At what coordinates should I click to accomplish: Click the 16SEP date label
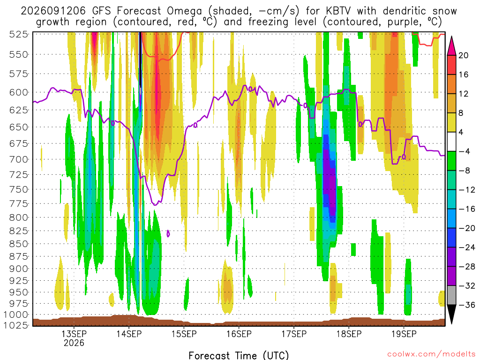pyautogui.click(x=239, y=334)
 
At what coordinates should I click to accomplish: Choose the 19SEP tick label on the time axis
pyautogui.click(x=404, y=334)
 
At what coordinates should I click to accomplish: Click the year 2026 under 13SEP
pyautogui.click(x=74, y=343)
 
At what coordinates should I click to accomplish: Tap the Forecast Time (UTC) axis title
pyautogui.click(x=239, y=355)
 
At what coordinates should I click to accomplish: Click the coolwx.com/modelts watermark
pyautogui.click(x=431, y=354)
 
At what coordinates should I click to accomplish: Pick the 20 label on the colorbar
pyautogui.click(x=463, y=55)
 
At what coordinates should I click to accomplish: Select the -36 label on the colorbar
pyautogui.click(x=467, y=305)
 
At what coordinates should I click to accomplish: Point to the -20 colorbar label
pyautogui.click(x=467, y=228)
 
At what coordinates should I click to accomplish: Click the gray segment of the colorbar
pyautogui.click(x=451, y=295)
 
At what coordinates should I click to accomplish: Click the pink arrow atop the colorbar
pyautogui.click(x=451, y=46)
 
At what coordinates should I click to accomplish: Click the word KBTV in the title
pyautogui.click(x=339, y=11)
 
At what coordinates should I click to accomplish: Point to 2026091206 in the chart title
pyautogui.click(x=53, y=11)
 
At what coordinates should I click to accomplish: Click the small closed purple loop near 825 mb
pyautogui.click(x=168, y=233)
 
